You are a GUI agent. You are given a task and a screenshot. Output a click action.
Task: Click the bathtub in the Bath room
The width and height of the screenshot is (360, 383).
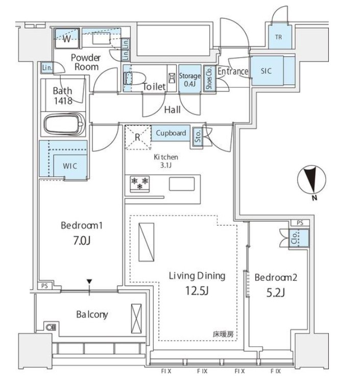click(x=64, y=124)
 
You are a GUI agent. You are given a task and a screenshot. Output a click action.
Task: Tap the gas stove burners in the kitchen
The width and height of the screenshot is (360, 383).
click(x=140, y=184)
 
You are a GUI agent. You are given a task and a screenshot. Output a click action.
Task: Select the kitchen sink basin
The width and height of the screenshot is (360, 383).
click(x=182, y=184)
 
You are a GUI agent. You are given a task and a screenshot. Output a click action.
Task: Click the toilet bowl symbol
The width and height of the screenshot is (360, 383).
click(x=134, y=79)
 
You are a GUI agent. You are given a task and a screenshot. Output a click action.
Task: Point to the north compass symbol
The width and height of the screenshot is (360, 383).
click(x=311, y=180)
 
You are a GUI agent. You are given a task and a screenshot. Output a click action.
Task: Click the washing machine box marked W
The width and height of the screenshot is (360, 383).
click(x=67, y=38)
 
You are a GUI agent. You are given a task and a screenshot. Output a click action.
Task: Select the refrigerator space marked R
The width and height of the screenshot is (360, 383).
click(x=138, y=137)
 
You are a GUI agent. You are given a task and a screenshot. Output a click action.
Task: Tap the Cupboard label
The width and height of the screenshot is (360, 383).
click(x=171, y=133)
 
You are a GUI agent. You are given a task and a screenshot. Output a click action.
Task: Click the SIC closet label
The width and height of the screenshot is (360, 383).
click(x=266, y=71)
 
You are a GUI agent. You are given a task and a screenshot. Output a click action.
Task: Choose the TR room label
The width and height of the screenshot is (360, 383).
click(x=278, y=37)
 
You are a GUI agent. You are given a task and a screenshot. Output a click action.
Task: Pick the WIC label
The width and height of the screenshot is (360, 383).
click(x=70, y=166)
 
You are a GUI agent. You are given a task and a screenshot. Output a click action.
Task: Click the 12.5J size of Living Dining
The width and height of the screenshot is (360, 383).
click(x=197, y=291)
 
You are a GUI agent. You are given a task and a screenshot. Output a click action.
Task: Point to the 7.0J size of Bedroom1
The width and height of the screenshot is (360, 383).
click(x=82, y=241)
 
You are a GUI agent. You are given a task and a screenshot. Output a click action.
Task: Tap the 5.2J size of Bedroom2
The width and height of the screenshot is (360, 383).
click(x=276, y=293)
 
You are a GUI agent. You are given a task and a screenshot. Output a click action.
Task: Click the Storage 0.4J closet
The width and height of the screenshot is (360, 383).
click(x=190, y=79)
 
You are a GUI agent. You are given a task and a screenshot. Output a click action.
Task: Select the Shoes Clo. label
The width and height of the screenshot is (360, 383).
click(x=209, y=78)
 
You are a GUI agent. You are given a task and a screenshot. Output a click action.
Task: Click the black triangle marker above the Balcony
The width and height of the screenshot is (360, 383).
click(x=89, y=281)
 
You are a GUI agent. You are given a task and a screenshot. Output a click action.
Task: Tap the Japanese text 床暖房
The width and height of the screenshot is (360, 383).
click(x=223, y=334)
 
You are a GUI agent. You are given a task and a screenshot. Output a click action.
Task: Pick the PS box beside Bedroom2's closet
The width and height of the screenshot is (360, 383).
click(x=300, y=223)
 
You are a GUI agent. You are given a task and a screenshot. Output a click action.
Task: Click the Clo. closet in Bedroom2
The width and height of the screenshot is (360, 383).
click(x=299, y=238)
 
